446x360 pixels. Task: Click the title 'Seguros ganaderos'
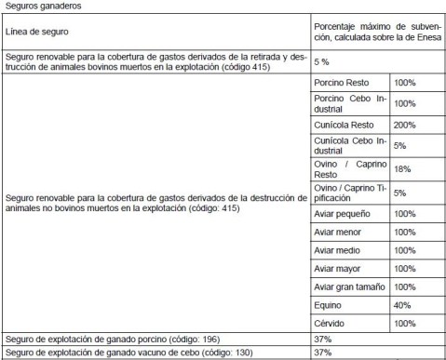40,7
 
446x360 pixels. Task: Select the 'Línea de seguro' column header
36,32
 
